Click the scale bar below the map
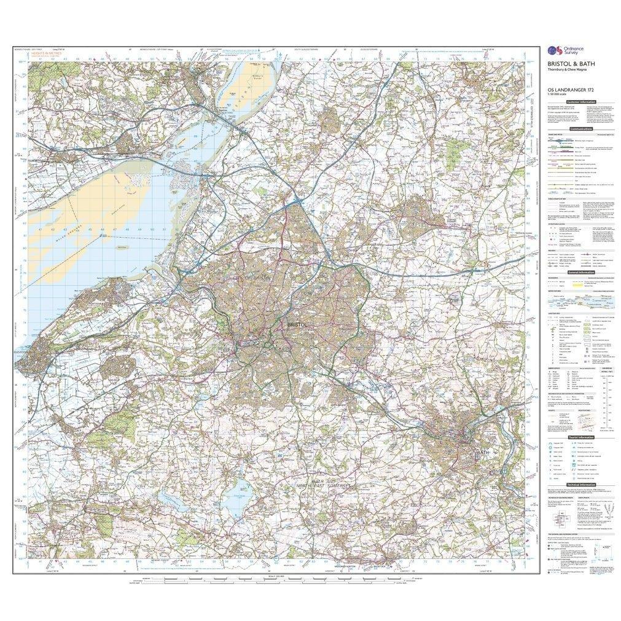[x=270, y=579]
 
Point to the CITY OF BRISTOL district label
[x=238, y=278]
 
